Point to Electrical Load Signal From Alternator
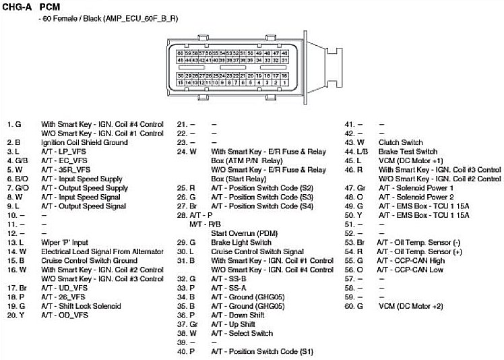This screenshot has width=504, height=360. pos(102,251)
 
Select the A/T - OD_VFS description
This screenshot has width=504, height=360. pos(65,315)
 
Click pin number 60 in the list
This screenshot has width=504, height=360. pos(350,305)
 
